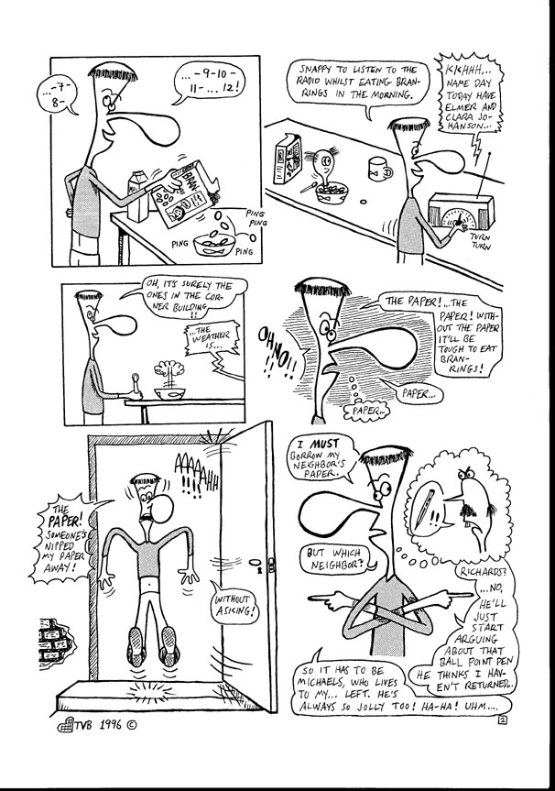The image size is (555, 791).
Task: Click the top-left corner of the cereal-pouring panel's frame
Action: tap(51, 57)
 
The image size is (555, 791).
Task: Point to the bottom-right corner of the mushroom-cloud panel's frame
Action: tap(245, 424)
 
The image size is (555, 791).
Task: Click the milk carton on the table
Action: tap(136, 197)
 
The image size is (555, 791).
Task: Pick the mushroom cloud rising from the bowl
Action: tap(169, 373)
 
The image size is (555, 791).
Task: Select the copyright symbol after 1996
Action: tap(131, 725)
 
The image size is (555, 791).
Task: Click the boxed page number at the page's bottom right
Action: tap(502, 720)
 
